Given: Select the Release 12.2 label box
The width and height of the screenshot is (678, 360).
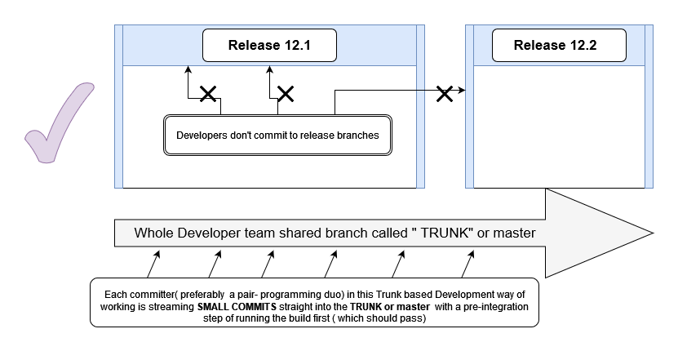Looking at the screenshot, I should tap(555, 45).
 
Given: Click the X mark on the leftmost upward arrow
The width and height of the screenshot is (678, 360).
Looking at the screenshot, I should tap(208, 95).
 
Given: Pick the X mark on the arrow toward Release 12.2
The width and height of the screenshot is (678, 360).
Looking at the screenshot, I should tap(445, 93).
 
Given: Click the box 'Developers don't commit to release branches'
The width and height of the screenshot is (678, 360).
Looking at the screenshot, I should tap(277, 136).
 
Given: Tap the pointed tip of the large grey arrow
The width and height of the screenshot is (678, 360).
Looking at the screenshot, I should tap(654, 233).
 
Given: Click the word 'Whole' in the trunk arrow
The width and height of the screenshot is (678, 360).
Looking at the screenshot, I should tap(154, 233).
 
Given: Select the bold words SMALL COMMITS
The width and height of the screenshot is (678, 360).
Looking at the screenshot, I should tap(236, 305).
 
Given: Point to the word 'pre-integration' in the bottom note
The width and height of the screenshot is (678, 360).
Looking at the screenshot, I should tap(493, 305).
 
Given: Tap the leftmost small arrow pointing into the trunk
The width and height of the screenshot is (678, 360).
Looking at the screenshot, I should tap(152, 265).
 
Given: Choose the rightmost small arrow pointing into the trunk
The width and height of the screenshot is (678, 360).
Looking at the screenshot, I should tap(468, 265).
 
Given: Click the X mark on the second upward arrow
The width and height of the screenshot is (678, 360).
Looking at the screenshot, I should tap(285, 95).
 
